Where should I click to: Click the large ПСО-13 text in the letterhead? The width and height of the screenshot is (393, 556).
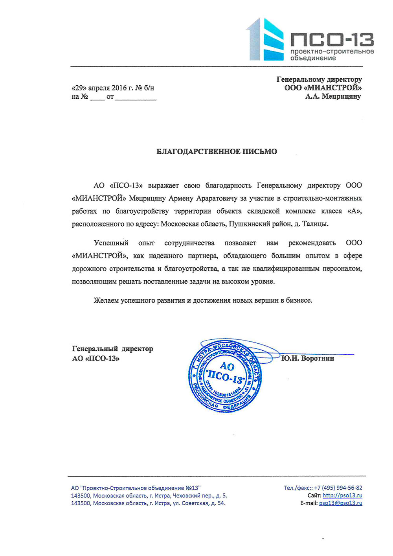click(x=332, y=40)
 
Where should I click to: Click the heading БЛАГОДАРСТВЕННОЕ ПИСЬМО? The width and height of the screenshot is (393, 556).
click(x=217, y=151)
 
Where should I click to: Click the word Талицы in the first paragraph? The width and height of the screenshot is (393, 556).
click(x=315, y=224)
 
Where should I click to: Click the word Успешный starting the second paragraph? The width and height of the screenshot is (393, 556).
click(x=111, y=243)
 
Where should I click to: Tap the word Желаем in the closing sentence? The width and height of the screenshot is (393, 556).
click(x=106, y=300)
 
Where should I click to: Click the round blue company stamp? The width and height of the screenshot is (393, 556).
click(x=225, y=376)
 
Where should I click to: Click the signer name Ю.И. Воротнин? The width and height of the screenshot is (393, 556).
click(x=307, y=358)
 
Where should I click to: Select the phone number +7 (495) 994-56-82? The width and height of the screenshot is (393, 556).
click(x=338, y=488)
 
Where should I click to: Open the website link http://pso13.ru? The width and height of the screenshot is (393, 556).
click(x=342, y=495)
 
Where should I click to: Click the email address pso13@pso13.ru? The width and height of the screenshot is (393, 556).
click(x=340, y=503)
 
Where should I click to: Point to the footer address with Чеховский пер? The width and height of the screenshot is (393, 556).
click(x=149, y=495)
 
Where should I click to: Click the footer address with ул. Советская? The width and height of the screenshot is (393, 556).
click(x=148, y=503)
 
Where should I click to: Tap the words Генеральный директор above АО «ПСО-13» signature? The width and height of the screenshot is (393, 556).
click(x=112, y=349)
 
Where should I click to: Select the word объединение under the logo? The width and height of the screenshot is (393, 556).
click(x=313, y=58)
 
